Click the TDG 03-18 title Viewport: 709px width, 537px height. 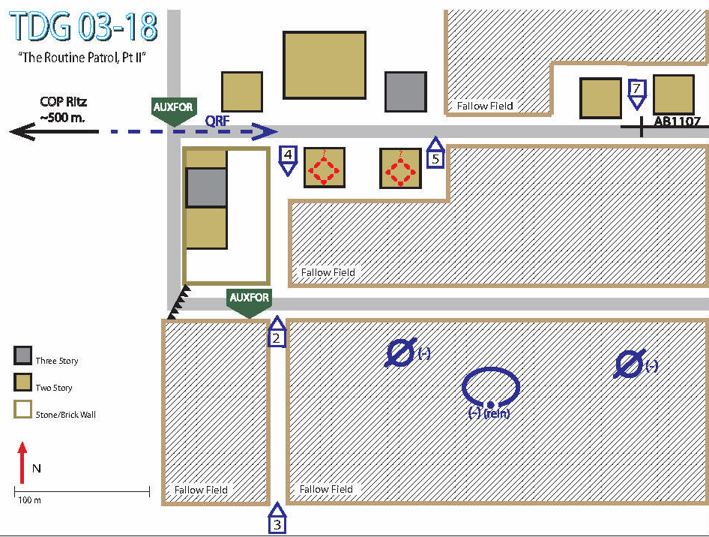coord(84,26)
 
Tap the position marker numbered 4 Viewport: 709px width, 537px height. coord(288,160)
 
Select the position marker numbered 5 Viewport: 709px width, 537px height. coord(435,152)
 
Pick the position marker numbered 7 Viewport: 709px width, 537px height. coord(636,94)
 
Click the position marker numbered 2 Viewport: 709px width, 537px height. coord(277,331)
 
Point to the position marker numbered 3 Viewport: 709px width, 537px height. coord(277,517)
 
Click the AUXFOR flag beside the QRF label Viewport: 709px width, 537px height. coord(174,111)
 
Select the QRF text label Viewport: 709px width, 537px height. coord(217,121)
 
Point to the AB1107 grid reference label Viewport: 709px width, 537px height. coord(677,121)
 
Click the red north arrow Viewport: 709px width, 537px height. coord(22,462)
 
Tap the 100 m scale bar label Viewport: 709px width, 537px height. coord(29,500)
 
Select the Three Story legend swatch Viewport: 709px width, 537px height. coord(22,355)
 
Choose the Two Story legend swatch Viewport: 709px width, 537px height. coord(22,382)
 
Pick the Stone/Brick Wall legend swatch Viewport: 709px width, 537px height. coord(22,409)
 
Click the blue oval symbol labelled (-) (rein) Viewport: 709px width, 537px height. coord(491,368)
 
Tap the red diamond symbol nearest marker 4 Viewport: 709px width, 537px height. coord(324,169)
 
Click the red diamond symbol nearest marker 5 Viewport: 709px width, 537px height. coord(400,170)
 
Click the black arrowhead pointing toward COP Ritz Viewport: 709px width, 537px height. coord(22,132)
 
